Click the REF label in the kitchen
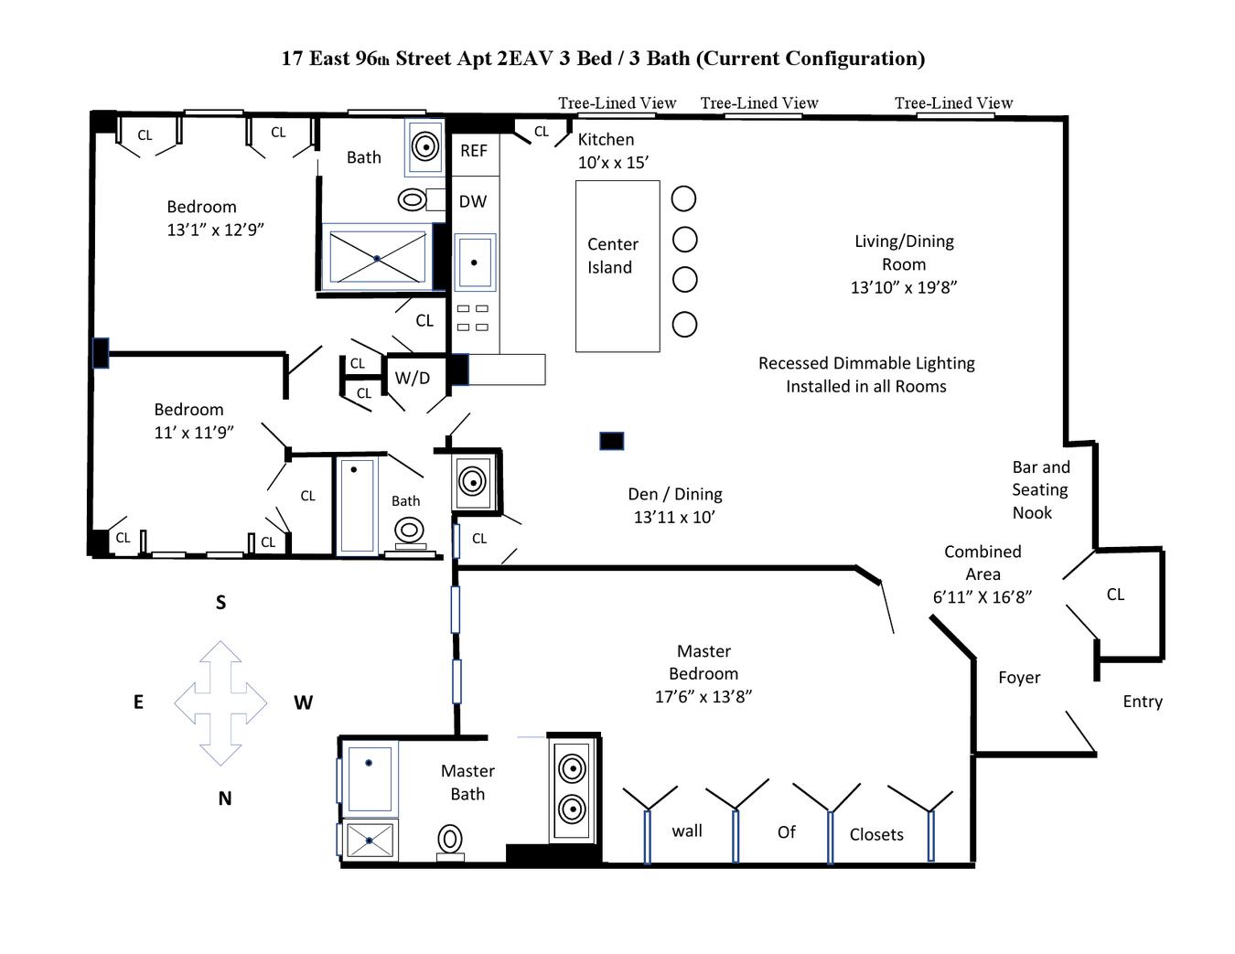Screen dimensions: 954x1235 (x=473, y=151)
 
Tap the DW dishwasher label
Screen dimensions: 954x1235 (x=472, y=201)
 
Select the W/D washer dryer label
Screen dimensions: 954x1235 (x=412, y=378)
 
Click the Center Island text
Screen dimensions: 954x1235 (x=612, y=256)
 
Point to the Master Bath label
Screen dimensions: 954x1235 (x=467, y=782)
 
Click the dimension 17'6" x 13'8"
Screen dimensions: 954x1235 (x=703, y=696)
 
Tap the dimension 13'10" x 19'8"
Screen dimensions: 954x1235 (x=903, y=286)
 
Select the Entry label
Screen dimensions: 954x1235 (x=1142, y=702)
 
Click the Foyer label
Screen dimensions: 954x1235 (x=1018, y=678)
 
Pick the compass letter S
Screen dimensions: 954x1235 (x=220, y=602)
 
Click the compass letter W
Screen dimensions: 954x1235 (x=303, y=702)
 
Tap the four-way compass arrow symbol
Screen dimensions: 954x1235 (x=220, y=702)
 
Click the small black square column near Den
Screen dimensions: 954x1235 (x=611, y=442)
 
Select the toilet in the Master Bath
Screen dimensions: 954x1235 (x=450, y=839)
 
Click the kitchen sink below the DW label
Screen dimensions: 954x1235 (x=474, y=263)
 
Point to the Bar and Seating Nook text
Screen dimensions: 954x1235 (x=1039, y=489)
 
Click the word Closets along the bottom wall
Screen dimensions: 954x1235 (x=875, y=834)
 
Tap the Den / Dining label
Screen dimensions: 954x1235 (x=674, y=494)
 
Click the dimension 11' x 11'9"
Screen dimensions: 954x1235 (x=194, y=433)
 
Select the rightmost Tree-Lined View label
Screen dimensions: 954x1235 (x=953, y=103)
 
